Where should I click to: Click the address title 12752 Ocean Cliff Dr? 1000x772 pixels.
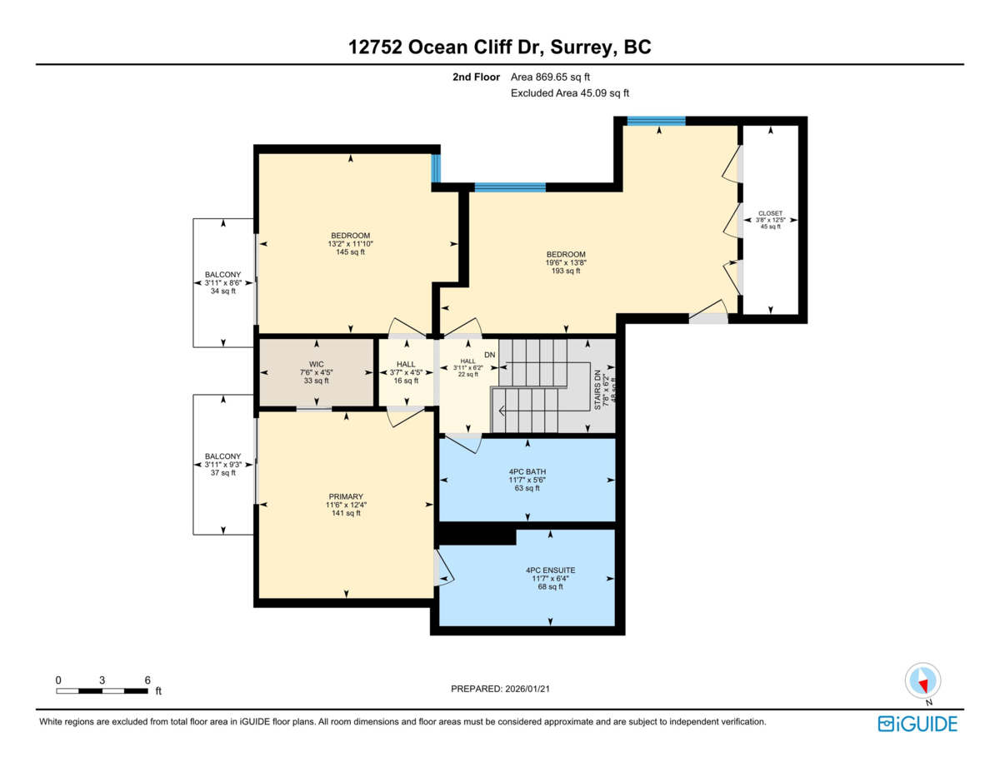point(446,47)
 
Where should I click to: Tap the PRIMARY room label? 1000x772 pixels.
point(346,496)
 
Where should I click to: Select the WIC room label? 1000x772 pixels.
point(316,364)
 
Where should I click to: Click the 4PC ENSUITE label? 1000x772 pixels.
point(550,570)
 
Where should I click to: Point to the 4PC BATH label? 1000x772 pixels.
point(527,471)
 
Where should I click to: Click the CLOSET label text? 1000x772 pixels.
point(770,213)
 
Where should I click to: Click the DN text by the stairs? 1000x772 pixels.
point(490,355)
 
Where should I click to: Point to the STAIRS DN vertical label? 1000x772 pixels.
point(597,390)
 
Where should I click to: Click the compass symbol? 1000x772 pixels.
point(923,681)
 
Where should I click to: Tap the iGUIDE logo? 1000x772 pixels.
point(917,725)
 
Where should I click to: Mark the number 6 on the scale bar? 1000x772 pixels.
point(147,680)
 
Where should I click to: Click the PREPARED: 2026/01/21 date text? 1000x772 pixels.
point(500,689)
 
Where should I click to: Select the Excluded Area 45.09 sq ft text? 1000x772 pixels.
point(570,93)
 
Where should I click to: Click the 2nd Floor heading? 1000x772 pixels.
point(476,77)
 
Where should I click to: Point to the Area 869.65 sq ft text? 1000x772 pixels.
point(550,77)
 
